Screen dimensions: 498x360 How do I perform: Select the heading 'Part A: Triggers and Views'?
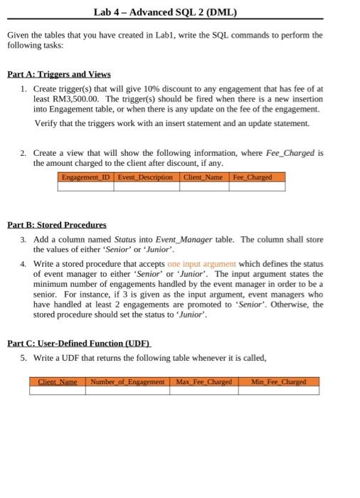point(58,74)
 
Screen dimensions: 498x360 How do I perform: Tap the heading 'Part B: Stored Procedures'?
point(56,224)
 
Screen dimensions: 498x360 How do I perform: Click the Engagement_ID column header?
point(85,176)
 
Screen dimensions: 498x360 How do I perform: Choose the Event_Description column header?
point(145,176)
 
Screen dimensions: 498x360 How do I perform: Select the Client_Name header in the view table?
point(203,176)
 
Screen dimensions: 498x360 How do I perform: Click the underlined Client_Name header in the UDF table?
point(57,382)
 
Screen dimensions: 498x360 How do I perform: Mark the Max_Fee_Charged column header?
point(204,382)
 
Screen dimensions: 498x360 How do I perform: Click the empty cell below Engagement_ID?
point(85,186)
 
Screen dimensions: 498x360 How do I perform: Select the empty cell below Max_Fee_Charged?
point(204,391)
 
